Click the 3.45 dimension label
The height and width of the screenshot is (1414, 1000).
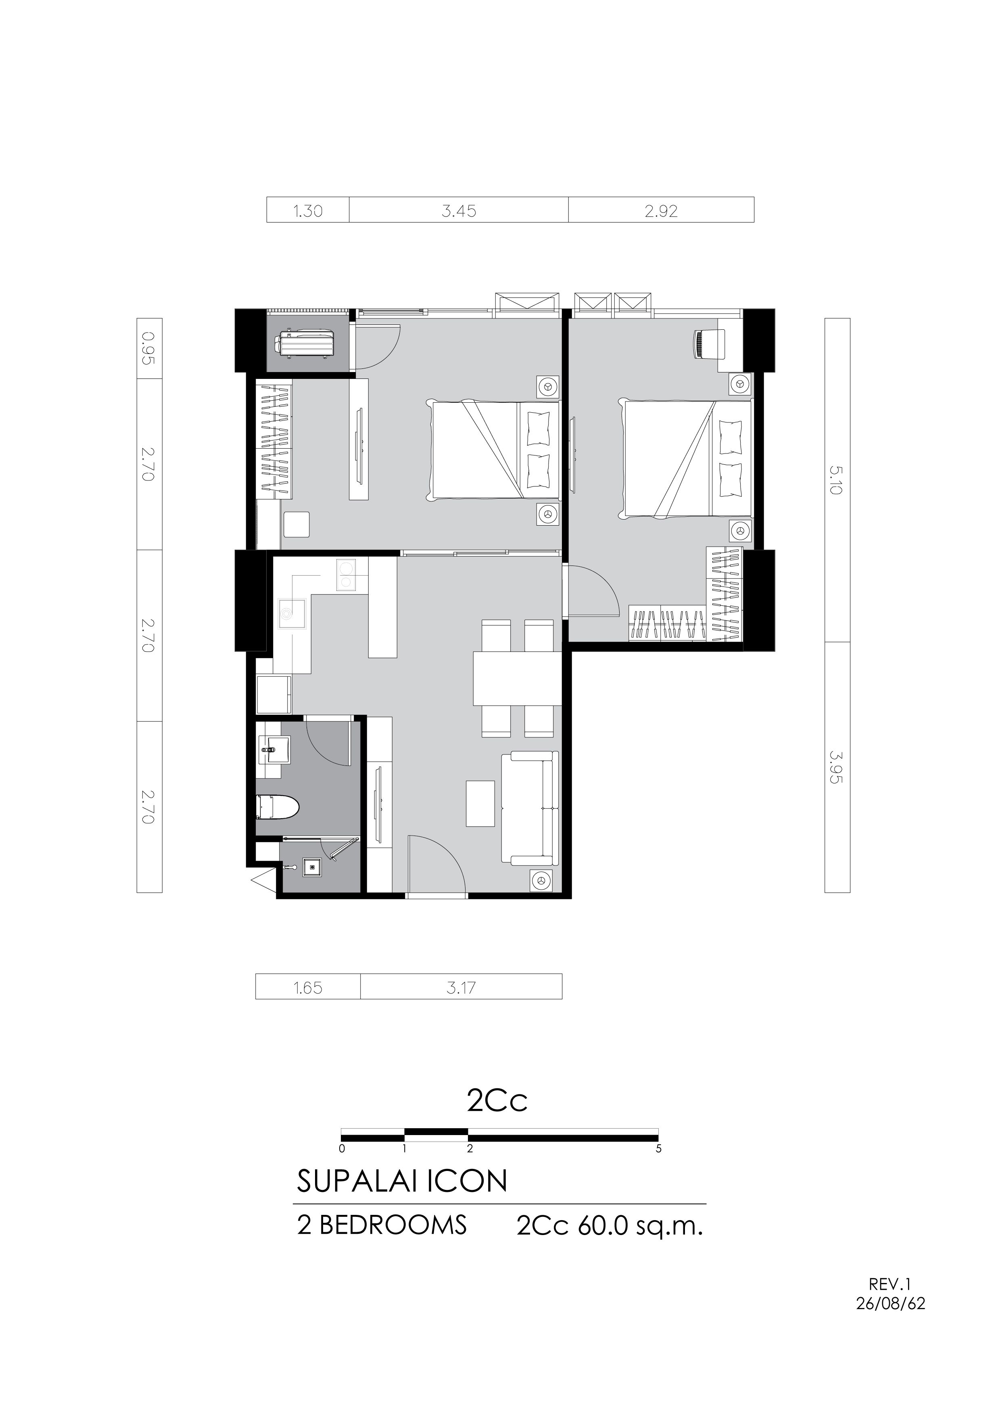459,211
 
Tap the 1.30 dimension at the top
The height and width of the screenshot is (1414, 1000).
307,211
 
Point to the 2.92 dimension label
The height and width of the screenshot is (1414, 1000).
661,211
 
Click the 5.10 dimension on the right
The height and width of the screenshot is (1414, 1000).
837,481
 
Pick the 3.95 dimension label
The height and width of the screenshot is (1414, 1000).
837,766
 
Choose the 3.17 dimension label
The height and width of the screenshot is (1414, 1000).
461,988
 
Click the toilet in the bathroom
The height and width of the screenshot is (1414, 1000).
277,807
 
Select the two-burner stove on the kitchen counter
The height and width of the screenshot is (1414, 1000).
346,575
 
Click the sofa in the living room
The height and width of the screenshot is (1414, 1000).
530,807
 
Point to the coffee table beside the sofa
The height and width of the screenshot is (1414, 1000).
480,804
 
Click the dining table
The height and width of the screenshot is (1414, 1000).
518,678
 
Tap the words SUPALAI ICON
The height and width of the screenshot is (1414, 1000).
402,1181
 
